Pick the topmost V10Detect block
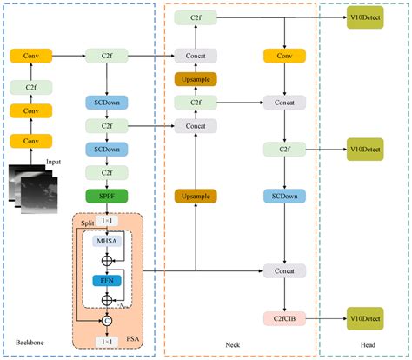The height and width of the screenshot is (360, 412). coord(365,18)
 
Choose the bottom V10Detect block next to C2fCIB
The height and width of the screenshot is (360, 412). coord(365,320)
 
